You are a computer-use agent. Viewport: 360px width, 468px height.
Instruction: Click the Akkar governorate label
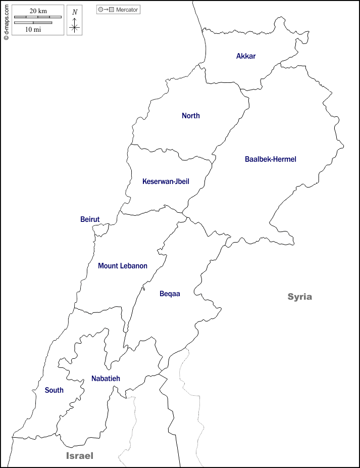[246, 56]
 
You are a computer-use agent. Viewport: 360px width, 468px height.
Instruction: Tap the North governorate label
[191, 116]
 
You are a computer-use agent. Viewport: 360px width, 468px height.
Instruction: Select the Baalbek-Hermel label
[271, 159]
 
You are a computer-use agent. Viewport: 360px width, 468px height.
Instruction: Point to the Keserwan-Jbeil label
[166, 181]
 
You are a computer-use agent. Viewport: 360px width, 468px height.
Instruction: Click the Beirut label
[90, 219]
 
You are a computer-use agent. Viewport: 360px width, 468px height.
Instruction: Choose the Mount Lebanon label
[123, 266]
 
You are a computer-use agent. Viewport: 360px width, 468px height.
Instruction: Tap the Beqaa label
[170, 294]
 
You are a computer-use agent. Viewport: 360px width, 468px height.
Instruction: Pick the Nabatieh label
[106, 379]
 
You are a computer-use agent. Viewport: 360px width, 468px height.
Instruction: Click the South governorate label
[54, 390]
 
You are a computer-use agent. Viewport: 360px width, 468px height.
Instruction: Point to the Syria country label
[300, 297]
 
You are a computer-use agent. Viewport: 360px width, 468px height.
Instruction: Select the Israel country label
[80, 456]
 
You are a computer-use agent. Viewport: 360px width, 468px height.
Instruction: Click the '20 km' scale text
[38, 11]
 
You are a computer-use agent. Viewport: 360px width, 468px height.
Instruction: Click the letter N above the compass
[75, 12]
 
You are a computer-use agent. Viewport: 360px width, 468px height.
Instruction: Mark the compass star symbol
[75, 26]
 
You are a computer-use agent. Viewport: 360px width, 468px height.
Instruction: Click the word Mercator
[127, 10]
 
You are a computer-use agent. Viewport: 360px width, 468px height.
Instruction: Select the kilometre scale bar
[38, 17]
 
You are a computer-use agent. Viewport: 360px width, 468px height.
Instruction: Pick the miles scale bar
[33, 23]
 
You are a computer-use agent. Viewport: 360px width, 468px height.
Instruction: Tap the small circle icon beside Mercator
[100, 10]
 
